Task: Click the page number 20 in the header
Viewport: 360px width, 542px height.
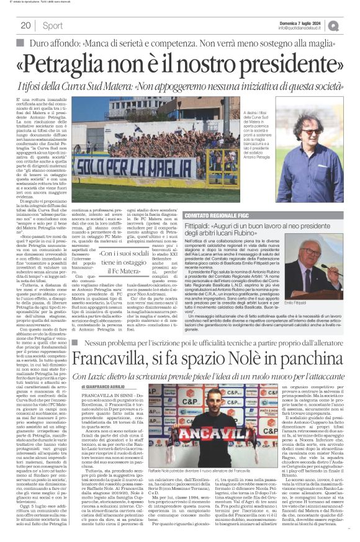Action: tap(25, 25)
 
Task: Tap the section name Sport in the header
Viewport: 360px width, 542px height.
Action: tap(53, 25)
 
